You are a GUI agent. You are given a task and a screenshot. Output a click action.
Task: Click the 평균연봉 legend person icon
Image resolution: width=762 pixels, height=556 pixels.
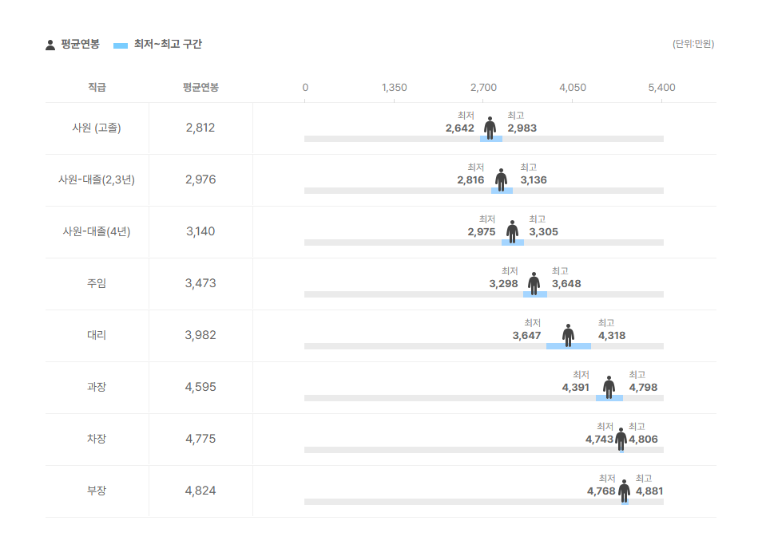pyautogui.click(x=50, y=45)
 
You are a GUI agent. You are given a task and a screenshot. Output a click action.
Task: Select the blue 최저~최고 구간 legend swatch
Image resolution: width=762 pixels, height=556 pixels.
pyautogui.click(x=121, y=45)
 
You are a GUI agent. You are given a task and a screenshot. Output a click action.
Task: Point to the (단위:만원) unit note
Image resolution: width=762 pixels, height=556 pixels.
pyautogui.click(x=693, y=44)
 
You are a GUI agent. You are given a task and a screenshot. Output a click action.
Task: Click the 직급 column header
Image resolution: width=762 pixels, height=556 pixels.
pyautogui.click(x=97, y=87)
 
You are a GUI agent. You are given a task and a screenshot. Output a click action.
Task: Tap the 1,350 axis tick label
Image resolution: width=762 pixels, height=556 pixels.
pyautogui.click(x=394, y=88)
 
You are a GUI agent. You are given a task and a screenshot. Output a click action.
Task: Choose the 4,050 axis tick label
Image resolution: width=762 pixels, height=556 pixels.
pyautogui.click(x=573, y=88)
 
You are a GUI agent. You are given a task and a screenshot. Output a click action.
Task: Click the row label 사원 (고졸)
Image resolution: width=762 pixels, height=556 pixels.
pyautogui.click(x=97, y=128)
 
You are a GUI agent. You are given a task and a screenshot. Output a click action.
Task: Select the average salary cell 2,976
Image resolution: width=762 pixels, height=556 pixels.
pyautogui.click(x=200, y=179)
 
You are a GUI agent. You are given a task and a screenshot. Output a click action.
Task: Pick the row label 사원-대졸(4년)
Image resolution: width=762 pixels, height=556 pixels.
pyautogui.click(x=97, y=231)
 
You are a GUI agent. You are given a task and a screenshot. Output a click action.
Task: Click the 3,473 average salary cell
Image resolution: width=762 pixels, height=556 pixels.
pyautogui.click(x=200, y=283)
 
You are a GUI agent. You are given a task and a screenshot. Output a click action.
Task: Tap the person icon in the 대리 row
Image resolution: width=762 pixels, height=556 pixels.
pyautogui.click(x=568, y=335)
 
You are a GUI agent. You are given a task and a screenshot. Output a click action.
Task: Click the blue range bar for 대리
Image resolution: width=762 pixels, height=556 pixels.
pyautogui.click(x=569, y=346)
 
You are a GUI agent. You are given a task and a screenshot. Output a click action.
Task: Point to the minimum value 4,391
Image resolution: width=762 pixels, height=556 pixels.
pyautogui.click(x=575, y=388)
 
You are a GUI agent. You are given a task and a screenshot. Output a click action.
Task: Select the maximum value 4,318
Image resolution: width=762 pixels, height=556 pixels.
pyautogui.click(x=612, y=336)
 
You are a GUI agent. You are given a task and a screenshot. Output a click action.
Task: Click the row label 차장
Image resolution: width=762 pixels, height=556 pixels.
pyautogui.click(x=97, y=439)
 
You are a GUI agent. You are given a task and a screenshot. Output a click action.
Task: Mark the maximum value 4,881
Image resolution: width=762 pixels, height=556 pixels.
pyautogui.click(x=649, y=491)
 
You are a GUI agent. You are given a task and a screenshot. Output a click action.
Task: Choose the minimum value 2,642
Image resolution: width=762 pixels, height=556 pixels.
pyautogui.click(x=460, y=128)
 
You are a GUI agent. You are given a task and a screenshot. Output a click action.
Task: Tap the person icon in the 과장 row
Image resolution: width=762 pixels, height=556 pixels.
pyautogui.click(x=609, y=387)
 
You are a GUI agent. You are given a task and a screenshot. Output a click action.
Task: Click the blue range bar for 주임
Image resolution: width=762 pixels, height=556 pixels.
pyautogui.click(x=535, y=294)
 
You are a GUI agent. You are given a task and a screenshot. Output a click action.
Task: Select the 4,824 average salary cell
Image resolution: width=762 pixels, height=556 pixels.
pyautogui.click(x=200, y=491)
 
